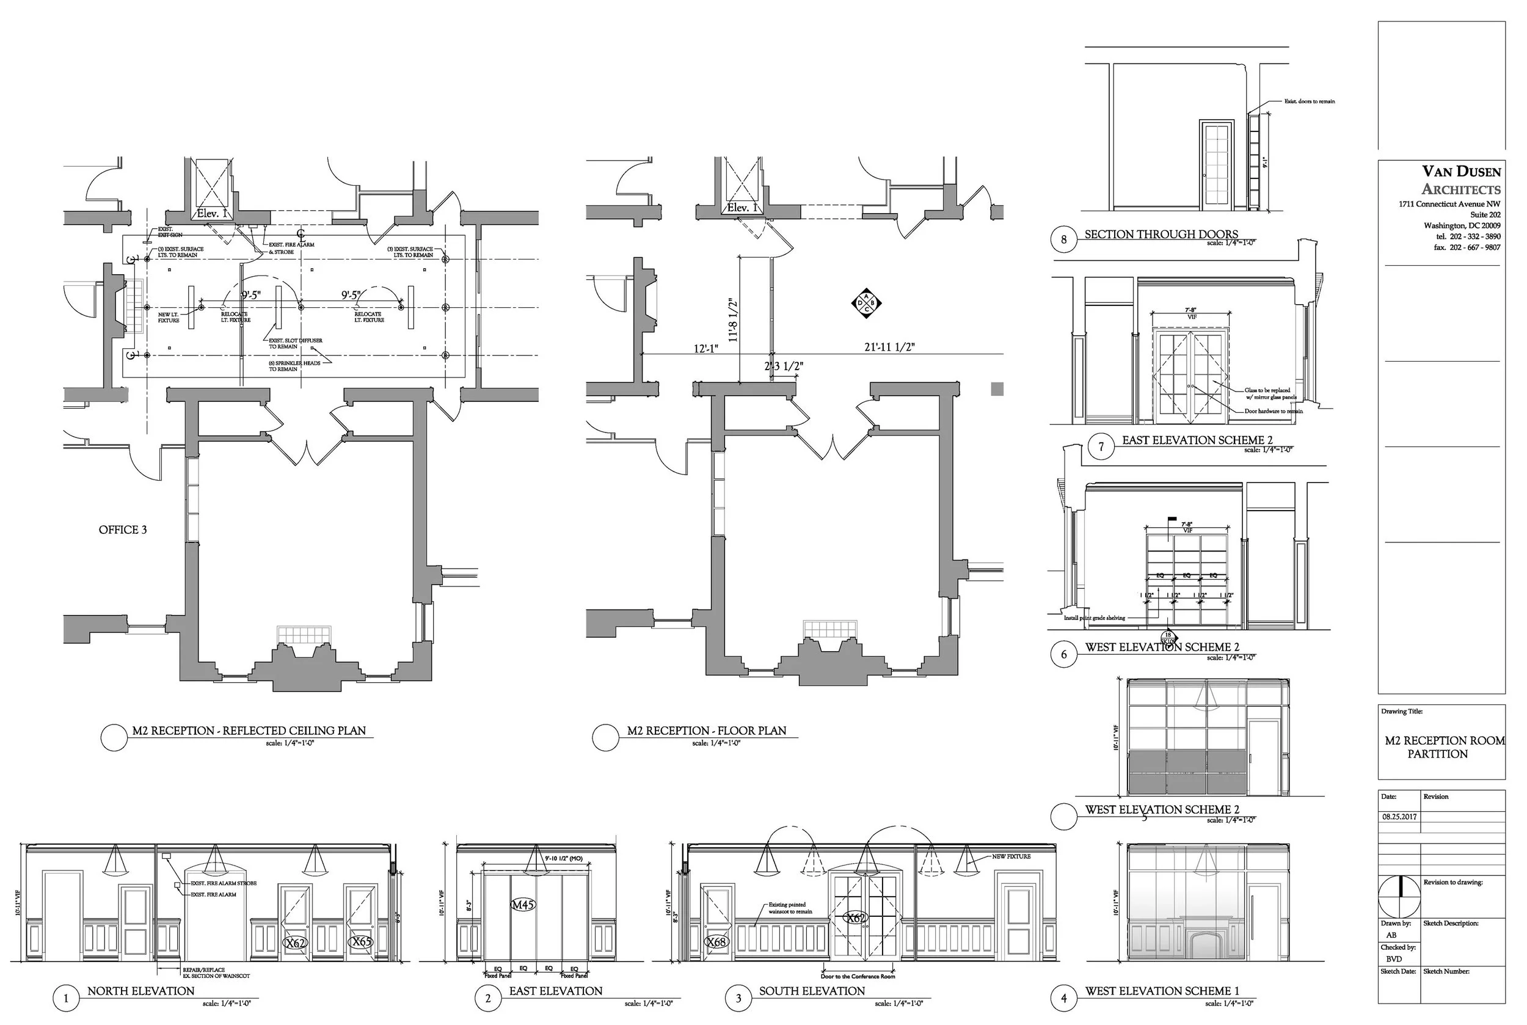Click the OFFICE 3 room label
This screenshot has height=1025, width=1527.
point(122,530)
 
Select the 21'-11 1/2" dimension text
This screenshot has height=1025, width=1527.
point(889,347)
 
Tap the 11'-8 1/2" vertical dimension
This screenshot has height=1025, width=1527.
point(733,321)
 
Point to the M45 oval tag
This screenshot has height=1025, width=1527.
point(523,905)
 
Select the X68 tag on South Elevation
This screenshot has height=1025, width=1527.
point(716,942)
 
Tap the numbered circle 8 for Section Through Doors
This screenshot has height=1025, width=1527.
point(1063,239)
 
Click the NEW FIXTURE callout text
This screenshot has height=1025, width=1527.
point(1011,856)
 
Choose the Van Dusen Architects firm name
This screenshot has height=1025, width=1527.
point(1461,180)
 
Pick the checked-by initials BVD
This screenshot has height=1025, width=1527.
point(1394,959)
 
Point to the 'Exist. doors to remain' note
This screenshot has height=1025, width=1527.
point(1310,101)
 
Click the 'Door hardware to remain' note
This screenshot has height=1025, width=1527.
point(1274,411)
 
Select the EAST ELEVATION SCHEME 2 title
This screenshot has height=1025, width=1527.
point(1197,440)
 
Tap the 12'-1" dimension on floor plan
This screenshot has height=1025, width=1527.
point(706,349)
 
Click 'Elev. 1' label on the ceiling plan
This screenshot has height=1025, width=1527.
point(213,214)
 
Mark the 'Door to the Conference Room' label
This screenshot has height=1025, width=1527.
point(858,976)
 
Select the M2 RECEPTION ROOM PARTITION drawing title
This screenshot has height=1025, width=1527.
point(1444,747)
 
